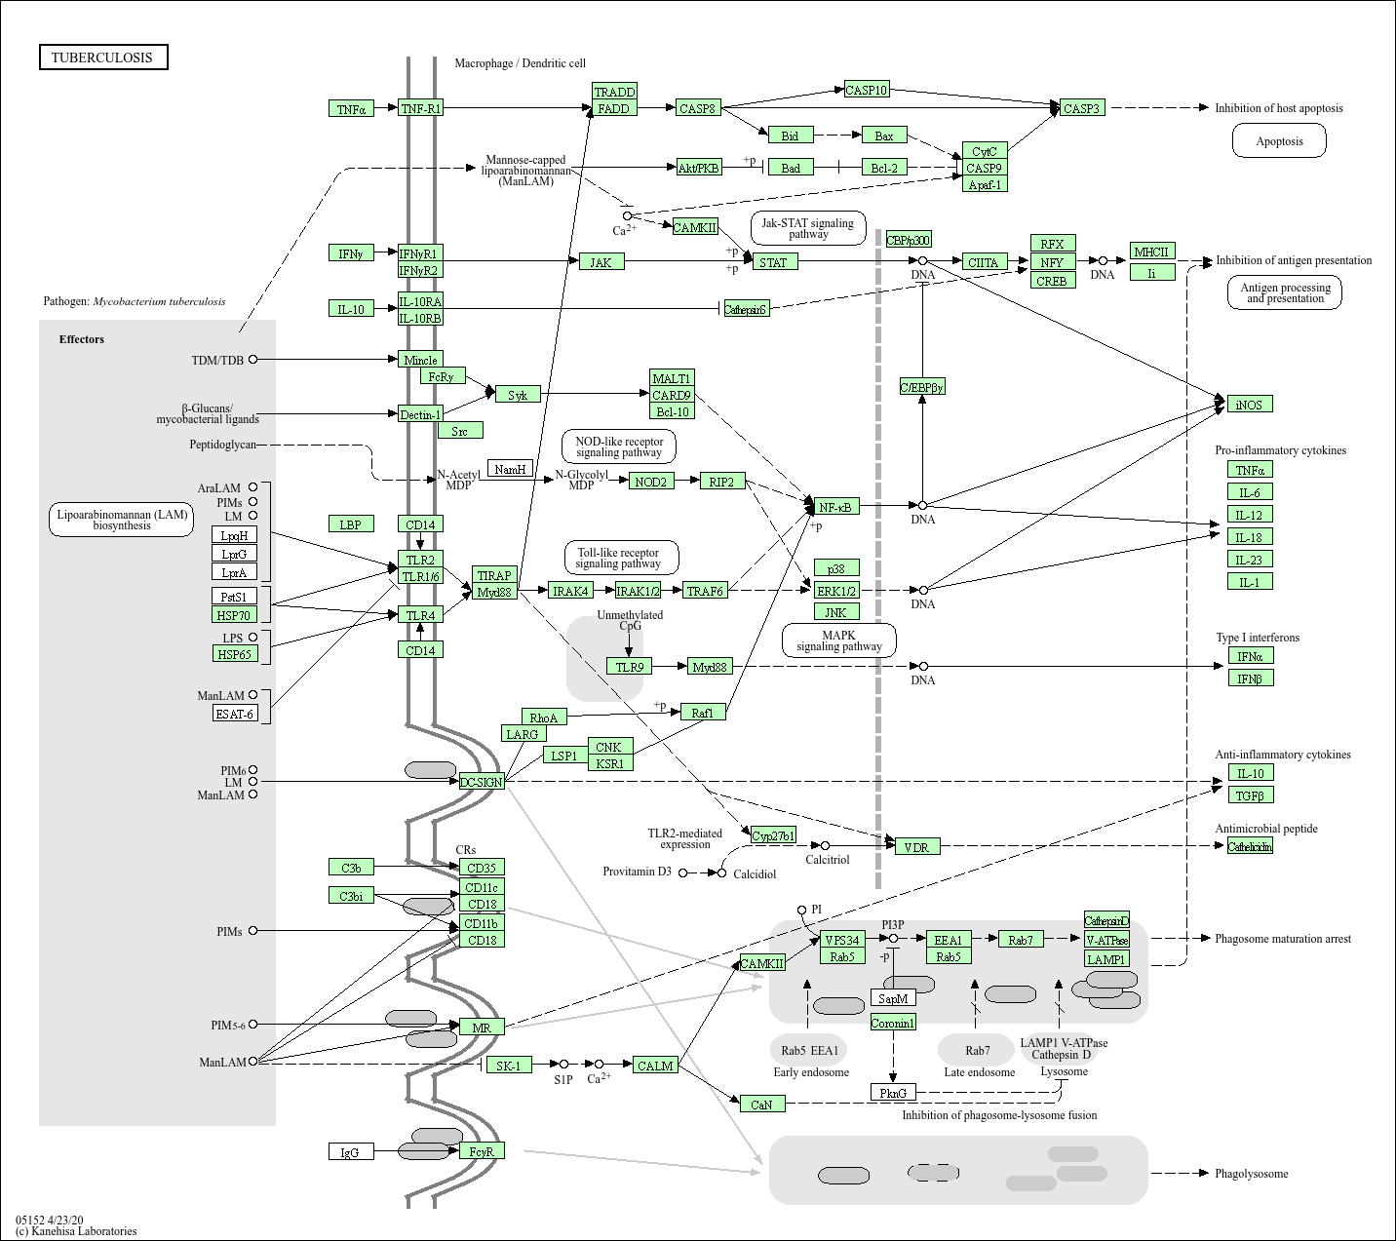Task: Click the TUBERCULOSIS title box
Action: (102, 58)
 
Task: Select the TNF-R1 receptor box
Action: (420, 108)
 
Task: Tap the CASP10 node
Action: (866, 90)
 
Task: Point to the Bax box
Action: (883, 136)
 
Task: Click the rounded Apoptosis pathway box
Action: (1279, 141)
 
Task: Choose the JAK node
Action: (601, 262)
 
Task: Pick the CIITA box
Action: (983, 262)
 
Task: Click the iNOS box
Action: (1249, 405)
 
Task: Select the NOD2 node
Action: (650, 482)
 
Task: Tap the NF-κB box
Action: (836, 507)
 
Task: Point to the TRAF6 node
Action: (705, 591)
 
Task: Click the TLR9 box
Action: (629, 667)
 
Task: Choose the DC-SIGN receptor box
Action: (482, 782)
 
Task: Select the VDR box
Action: (916, 847)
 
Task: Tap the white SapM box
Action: (893, 998)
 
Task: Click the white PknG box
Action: (893, 1093)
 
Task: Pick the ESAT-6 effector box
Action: (235, 714)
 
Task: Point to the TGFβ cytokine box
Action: (1250, 795)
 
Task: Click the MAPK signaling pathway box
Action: (838, 640)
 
